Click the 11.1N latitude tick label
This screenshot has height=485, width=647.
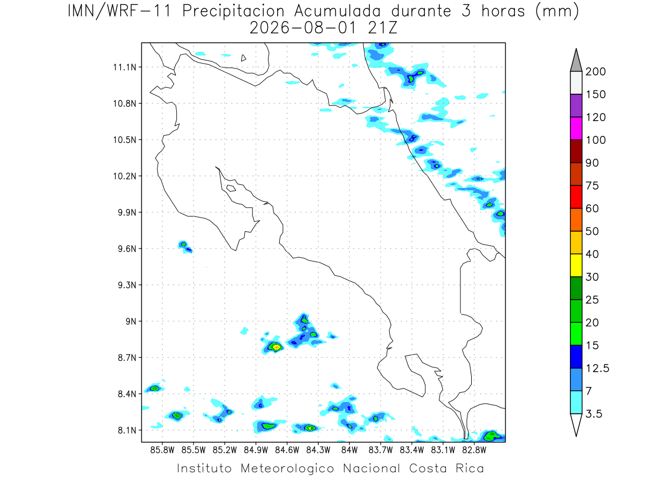(125, 67)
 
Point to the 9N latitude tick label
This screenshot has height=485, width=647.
(131, 321)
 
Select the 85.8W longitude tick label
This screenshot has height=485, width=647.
(162, 451)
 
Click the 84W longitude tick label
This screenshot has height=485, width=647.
(349, 451)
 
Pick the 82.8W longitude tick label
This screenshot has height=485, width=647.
(474, 451)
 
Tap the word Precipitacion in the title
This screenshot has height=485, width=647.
(233, 11)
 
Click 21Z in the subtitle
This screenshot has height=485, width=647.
(383, 28)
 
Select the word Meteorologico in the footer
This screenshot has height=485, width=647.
(287, 468)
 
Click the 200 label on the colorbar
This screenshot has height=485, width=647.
(595, 72)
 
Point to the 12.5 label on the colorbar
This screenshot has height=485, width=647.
(597, 368)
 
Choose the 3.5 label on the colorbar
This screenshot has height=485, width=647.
(594, 414)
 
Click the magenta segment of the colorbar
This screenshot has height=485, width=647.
(576, 128)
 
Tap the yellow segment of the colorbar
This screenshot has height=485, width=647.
(576, 265)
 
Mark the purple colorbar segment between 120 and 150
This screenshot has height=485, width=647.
(576, 106)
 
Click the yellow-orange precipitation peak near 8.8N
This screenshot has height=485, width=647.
(276, 347)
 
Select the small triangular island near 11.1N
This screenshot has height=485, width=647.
(243, 58)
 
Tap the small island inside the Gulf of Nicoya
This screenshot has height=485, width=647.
(231, 188)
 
